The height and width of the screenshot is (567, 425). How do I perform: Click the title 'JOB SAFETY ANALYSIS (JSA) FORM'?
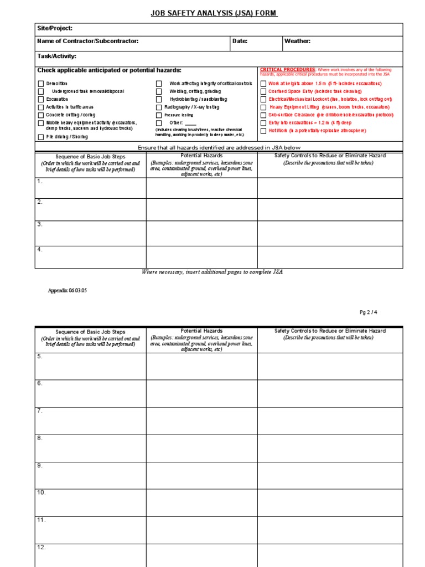coord(214,13)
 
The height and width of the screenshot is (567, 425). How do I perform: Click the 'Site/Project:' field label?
coord(55,28)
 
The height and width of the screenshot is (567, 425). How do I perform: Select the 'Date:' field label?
coord(240,42)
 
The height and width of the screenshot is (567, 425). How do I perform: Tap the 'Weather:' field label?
coord(297,42)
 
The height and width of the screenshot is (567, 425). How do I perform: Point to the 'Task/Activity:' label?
coord(56,56)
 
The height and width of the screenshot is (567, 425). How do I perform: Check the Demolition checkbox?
coord(40,84)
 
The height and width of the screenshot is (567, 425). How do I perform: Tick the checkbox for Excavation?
coord(40,100)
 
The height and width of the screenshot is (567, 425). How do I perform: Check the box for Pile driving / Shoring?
coord(40,137)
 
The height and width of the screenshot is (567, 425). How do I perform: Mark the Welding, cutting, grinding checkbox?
coord(159,91)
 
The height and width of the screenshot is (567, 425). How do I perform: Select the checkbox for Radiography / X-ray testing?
coord(159,107)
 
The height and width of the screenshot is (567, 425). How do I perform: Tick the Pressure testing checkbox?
coord(159,115)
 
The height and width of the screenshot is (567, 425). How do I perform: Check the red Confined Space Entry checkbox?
coord(263,91)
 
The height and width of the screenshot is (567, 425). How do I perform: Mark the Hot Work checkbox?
coord(263,131)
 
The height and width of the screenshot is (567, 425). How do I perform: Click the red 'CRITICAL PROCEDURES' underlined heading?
coord(288,70)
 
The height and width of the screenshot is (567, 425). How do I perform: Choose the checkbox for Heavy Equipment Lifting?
coord(263,107)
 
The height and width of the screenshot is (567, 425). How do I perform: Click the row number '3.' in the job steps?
coord(40,224)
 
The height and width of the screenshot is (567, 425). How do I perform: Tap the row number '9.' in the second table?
coord(40,466)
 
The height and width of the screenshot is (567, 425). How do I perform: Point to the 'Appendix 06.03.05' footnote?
coord(69,290)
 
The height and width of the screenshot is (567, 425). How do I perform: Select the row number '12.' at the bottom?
coord(42,548)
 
